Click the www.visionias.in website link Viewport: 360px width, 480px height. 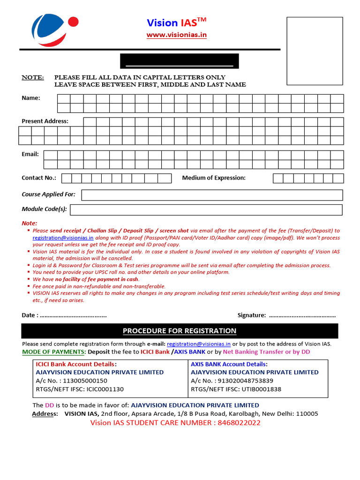coord(176,35)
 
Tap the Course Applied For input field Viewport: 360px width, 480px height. coord(212,195)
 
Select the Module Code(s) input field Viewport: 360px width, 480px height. coord(206,210)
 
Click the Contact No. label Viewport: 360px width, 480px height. coord(39,178)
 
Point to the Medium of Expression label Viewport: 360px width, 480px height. coord(214,178)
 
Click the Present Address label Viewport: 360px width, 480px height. coord(45,121)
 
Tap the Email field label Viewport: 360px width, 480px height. coord(30,154)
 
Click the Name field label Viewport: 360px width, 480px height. coord(31,98)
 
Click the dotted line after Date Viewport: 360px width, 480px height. coord(73,315)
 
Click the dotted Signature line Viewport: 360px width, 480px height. coord(302,315)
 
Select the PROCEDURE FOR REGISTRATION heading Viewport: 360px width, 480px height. coord(180,331)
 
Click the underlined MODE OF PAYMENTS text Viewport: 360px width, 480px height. coord(53,352)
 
